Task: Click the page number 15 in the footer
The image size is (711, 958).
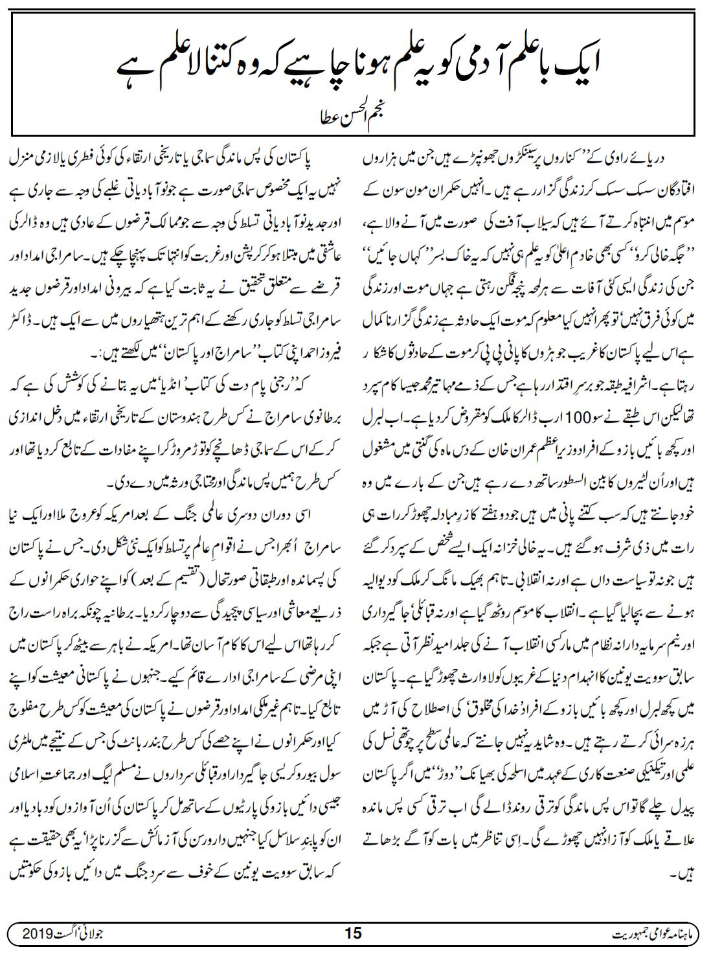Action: pos(354,933)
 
